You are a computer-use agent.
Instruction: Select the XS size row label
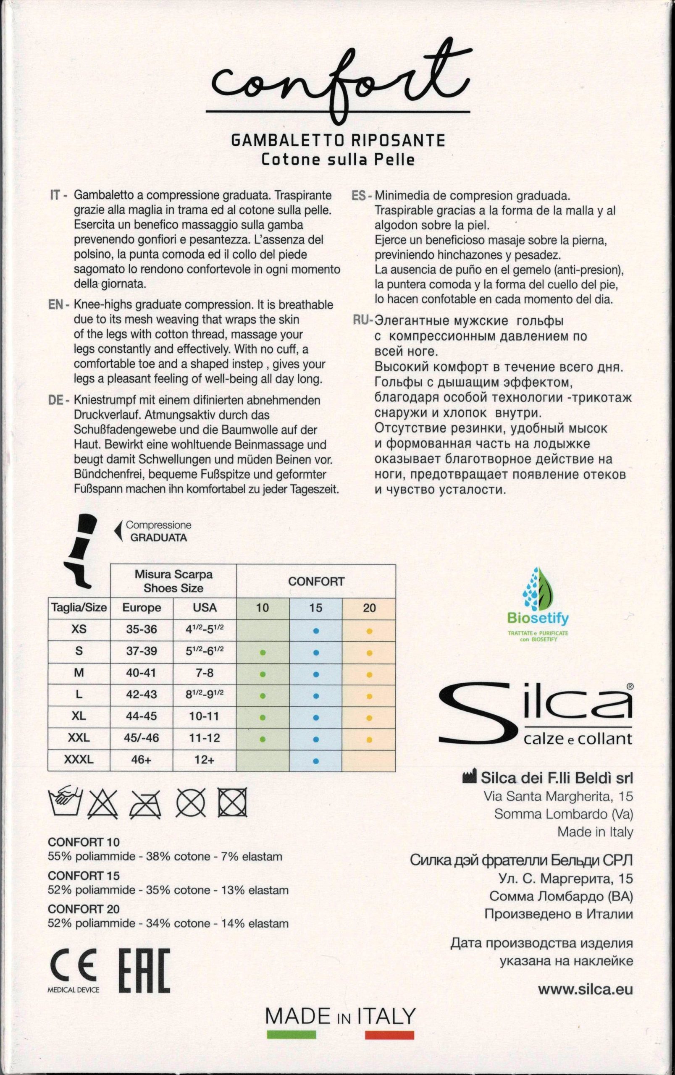(79, 629)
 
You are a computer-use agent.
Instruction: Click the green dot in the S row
(263, 653)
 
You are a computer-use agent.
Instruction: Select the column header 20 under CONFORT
(369, 608)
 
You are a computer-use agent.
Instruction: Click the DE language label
(55, 401)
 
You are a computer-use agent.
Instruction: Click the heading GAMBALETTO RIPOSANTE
(338, 141)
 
